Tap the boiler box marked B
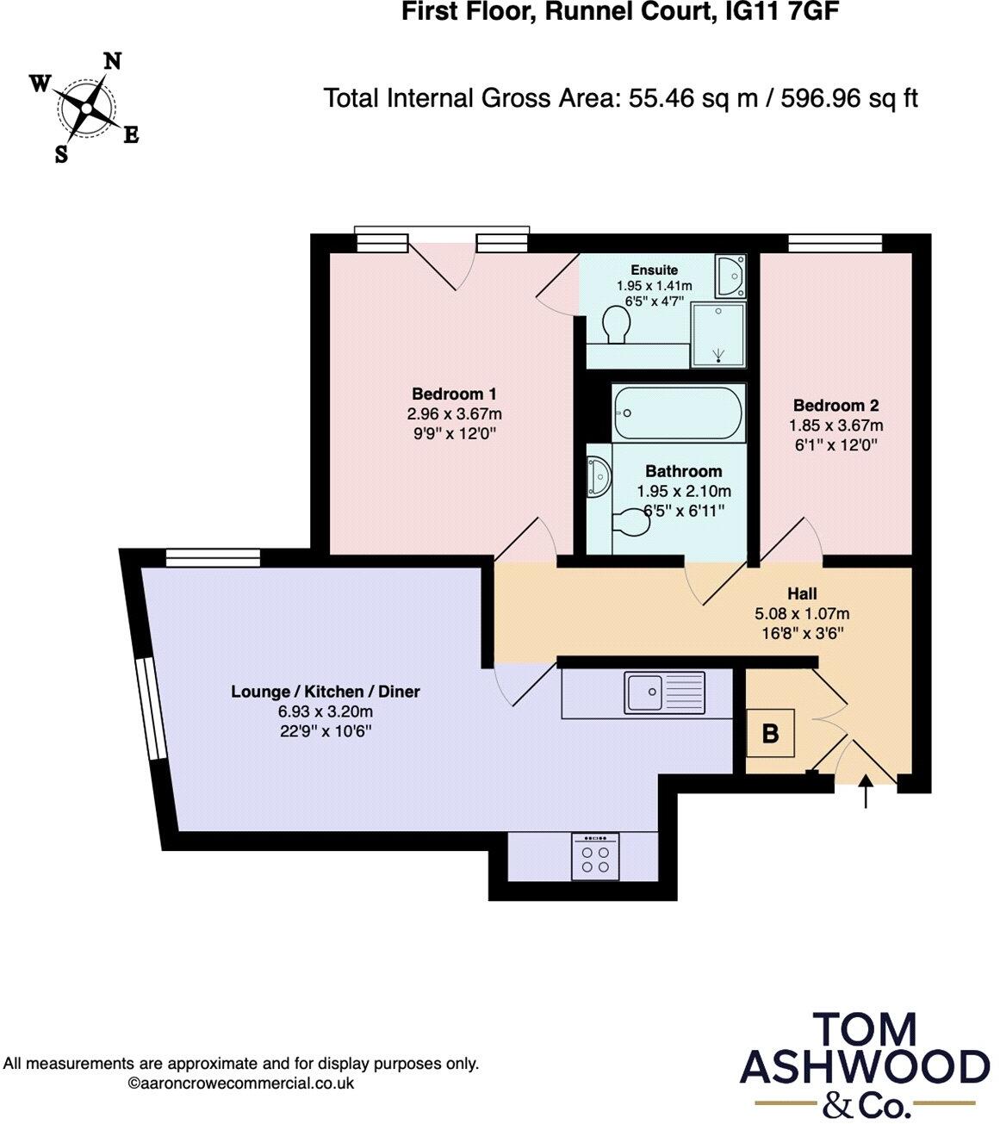(x=771, y=733)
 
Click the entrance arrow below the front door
(x=866, y=792)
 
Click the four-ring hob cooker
(x=595, y=857)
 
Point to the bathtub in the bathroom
(x=678, y=414)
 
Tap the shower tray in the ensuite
(x=717, y=334)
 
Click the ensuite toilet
(x=615, y=325)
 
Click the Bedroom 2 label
(x=835, y=405)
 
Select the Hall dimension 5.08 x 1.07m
(x=802, y=614)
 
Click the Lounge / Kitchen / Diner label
(x=326, y=692)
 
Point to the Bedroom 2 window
(x=835, y=244)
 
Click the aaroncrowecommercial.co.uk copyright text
(x=241, y=1084)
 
